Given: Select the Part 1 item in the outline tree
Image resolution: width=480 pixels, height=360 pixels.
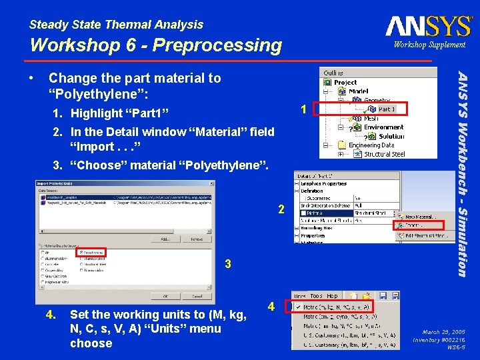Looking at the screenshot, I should coord(386,109).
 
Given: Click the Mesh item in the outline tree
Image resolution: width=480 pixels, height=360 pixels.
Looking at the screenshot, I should coord(371,118).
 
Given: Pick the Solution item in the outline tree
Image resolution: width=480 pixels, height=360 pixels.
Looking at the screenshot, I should coord(391,135).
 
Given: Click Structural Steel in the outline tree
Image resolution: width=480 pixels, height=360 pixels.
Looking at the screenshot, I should coord(384,154).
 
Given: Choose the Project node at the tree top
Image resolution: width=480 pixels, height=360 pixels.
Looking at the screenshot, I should coord(345,83).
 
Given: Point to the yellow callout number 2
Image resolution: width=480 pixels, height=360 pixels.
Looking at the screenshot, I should coord(281,209).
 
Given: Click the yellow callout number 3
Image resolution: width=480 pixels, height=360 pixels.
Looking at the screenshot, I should coord(228,265).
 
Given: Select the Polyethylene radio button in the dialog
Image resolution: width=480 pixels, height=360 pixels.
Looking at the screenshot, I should coord(81,253).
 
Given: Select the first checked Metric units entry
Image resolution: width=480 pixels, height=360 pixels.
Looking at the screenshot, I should coord(343,307).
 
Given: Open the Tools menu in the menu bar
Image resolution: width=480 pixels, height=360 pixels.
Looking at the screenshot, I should coord(316,295).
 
